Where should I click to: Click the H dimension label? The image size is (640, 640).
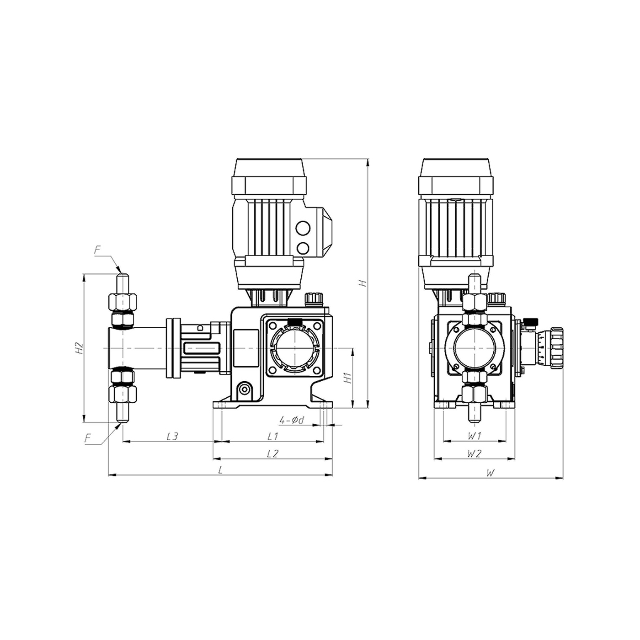point(364,283)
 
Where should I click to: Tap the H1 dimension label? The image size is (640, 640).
point(348,378)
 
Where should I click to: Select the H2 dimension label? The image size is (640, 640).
point(79,348)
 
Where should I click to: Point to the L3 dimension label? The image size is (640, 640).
point(172,436)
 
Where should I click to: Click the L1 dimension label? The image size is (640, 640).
point(272,436)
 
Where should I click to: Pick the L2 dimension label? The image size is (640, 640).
point(272,453)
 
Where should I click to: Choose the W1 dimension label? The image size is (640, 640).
point(474,436)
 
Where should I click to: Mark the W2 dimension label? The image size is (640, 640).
point(474,453)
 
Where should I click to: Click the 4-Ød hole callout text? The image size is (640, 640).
point(292,420)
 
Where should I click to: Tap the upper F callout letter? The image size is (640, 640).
point(97,250)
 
